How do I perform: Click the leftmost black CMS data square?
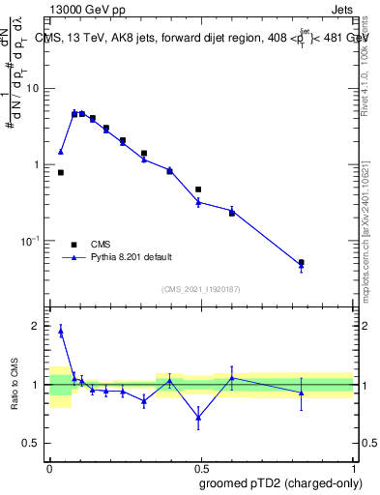point(61,172)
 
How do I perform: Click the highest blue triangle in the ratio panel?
point(61,331)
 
